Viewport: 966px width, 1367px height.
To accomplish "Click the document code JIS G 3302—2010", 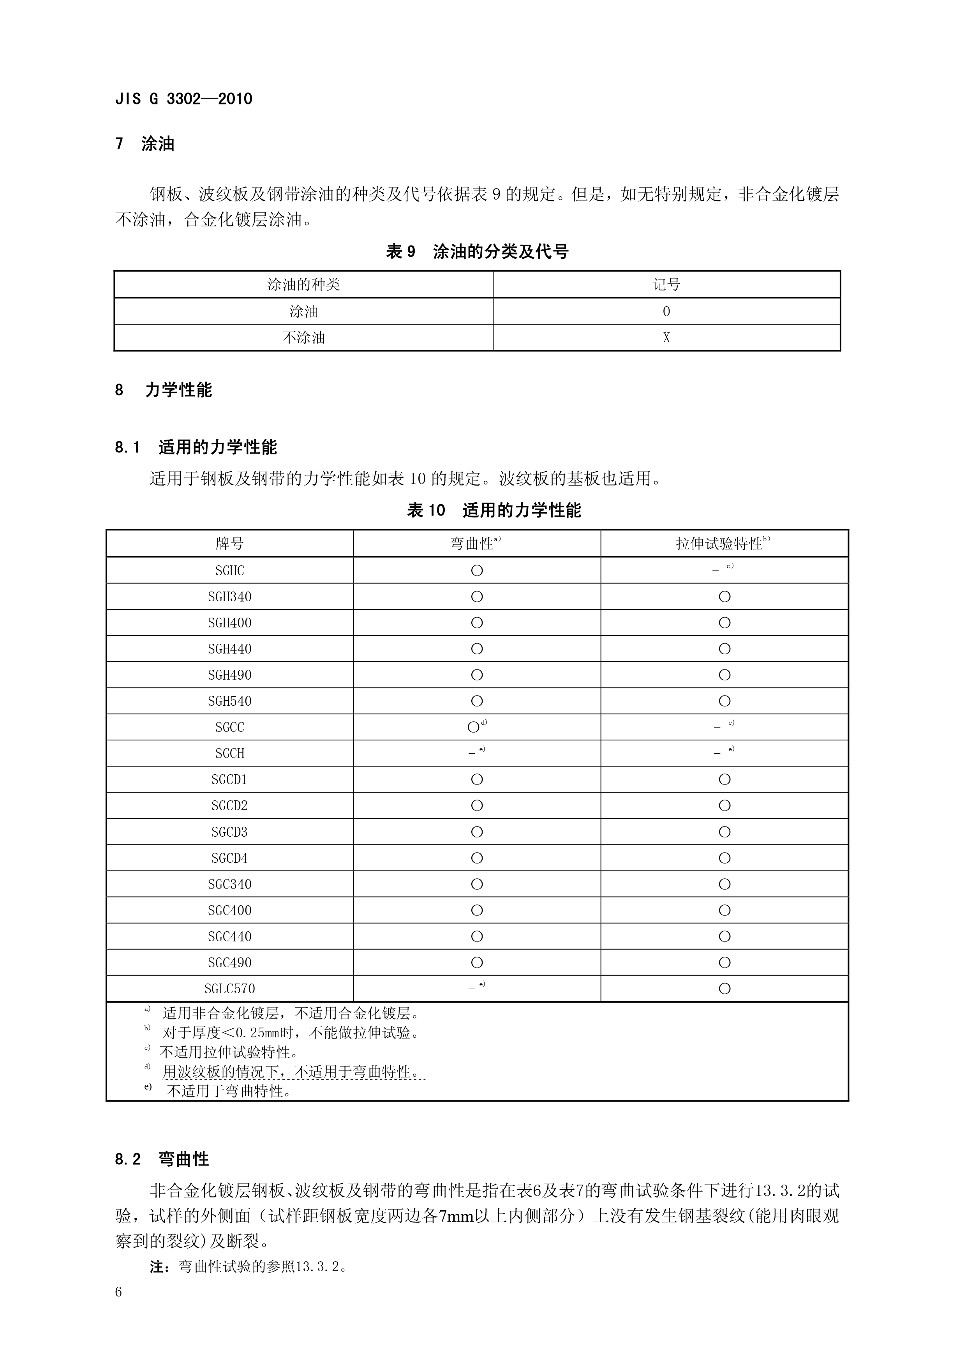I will pos(183,99).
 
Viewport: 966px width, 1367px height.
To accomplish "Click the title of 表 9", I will pos(477,252).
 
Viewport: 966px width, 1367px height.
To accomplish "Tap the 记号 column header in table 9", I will pos(666,284).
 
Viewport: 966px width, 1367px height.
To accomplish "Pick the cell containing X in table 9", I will pos(666,337).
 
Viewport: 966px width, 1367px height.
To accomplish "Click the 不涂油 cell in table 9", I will pos(303,337).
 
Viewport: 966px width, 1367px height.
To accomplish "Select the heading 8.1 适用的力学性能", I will pos(196,447).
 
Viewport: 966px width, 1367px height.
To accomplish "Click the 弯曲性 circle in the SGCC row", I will pos(474,727).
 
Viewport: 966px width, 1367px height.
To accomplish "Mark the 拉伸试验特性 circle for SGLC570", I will pos(724,989).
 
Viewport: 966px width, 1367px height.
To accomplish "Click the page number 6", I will pos(118,1292).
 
